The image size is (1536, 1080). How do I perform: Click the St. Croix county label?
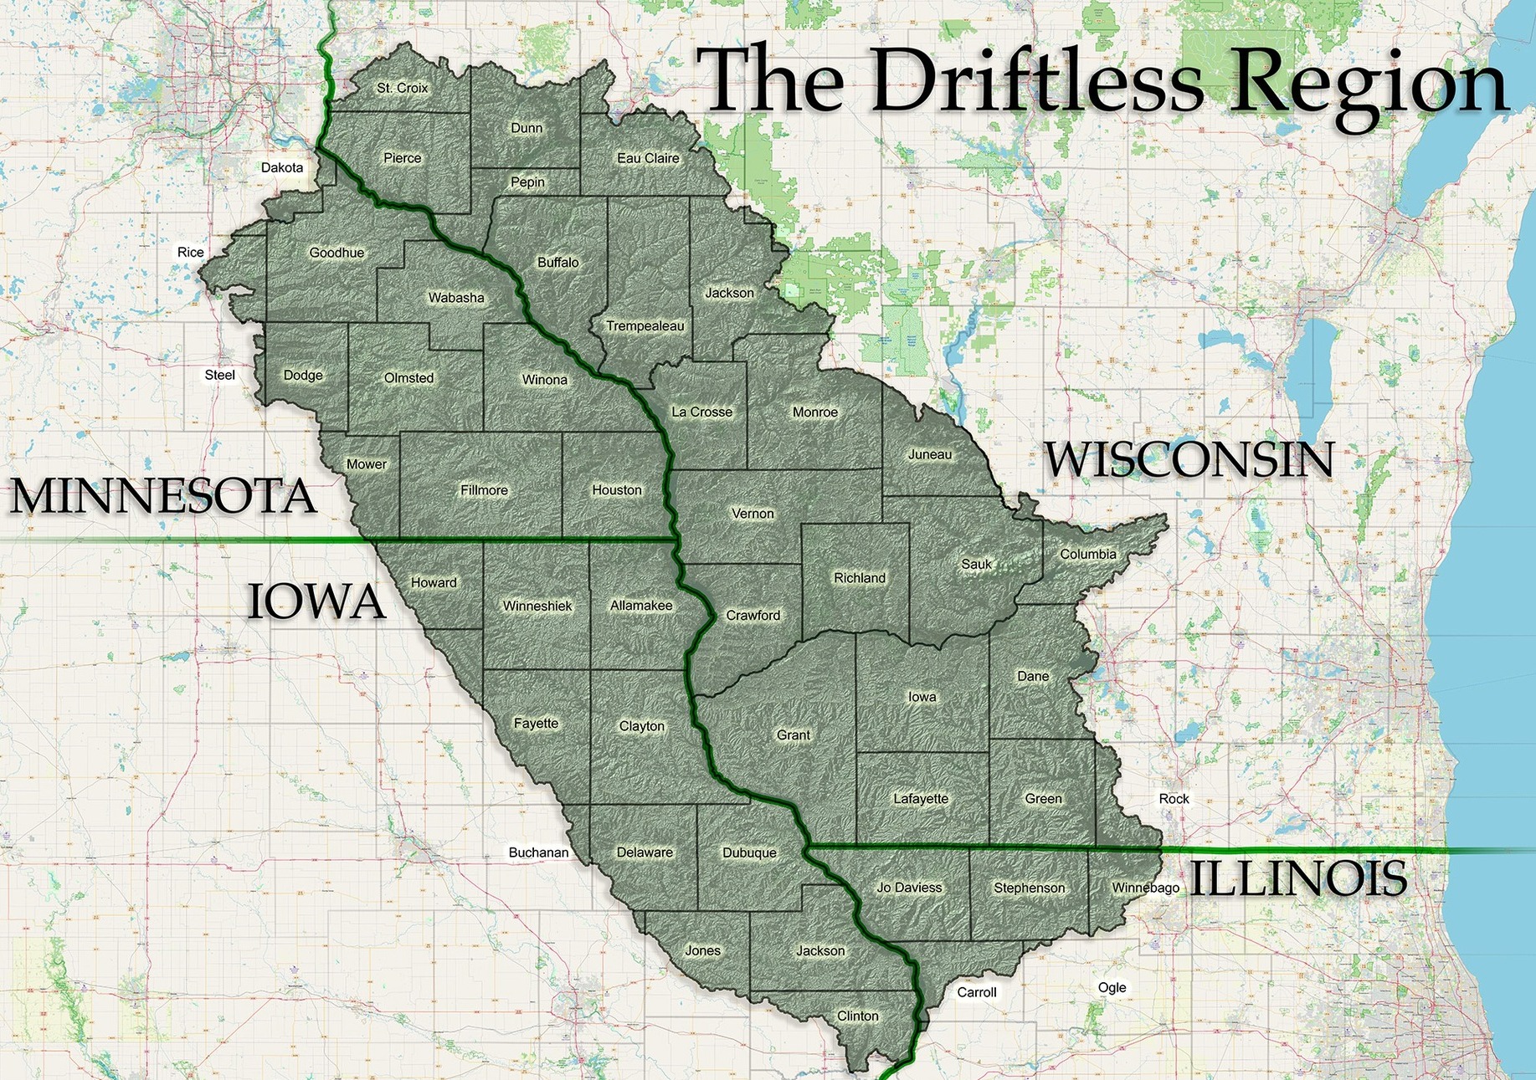tap(402, 88)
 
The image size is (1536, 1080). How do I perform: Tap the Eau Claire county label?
tap(648, 158)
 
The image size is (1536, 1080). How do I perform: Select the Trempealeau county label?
tap(645, 326)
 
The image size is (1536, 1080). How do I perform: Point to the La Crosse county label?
tap(701, 412)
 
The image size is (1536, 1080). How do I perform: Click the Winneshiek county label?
tap(537, 606)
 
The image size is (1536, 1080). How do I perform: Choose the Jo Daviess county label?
tap(909, 888)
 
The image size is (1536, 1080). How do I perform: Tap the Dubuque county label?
tap(749, 852)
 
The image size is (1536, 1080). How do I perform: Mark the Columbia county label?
tap(1088, 554)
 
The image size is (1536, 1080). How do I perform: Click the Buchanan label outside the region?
tap(538, 852)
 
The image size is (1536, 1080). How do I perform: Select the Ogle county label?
tap(1112, 987)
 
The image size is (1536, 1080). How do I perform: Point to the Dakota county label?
tap(282, 167)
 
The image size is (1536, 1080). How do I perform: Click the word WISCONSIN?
tap(1189, 460)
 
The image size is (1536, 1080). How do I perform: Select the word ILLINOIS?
tap(1297, 878)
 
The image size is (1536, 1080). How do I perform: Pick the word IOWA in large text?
tap(316, 602)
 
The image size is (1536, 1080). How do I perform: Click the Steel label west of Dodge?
tap(219, 375)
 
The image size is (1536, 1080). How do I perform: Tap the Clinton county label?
tap(858, 1016)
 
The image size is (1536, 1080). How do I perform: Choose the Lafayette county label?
tap(921, 798)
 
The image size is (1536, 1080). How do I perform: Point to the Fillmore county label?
tap(484, 490)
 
